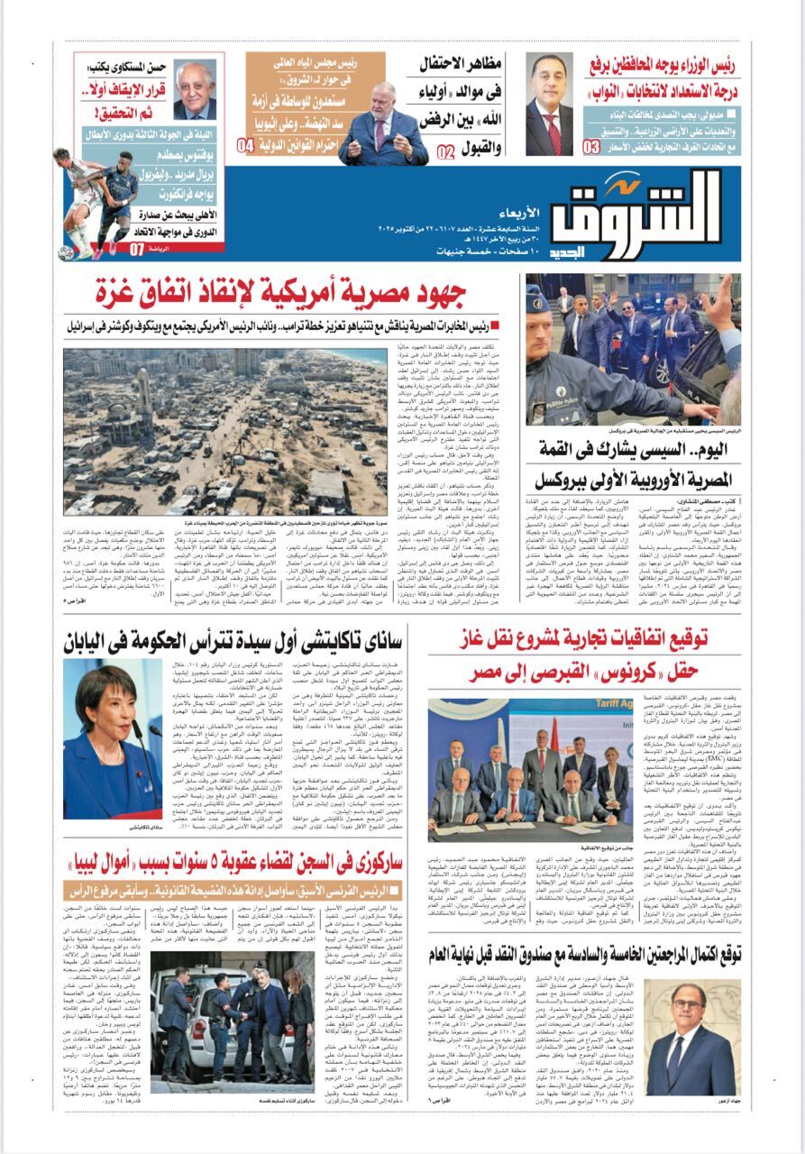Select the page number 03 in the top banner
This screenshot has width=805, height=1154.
pos(592,146)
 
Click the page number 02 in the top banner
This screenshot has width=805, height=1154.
pos(445,151)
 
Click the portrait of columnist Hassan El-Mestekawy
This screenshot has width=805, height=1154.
pos(194,89)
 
